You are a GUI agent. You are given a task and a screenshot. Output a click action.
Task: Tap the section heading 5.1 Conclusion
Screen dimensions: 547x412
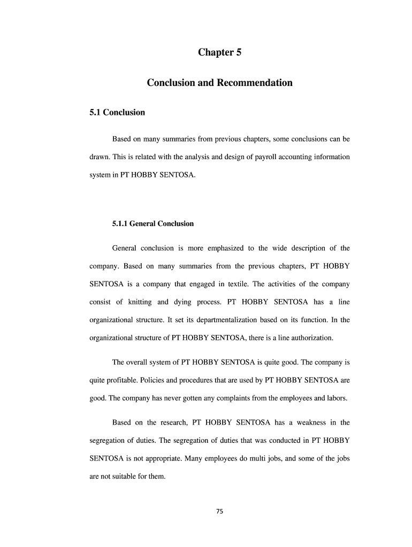point(117,112)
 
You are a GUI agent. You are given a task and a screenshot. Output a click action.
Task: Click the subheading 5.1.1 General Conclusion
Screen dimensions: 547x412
point(152,224)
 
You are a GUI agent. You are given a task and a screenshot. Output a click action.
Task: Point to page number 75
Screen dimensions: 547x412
point(219,511)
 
